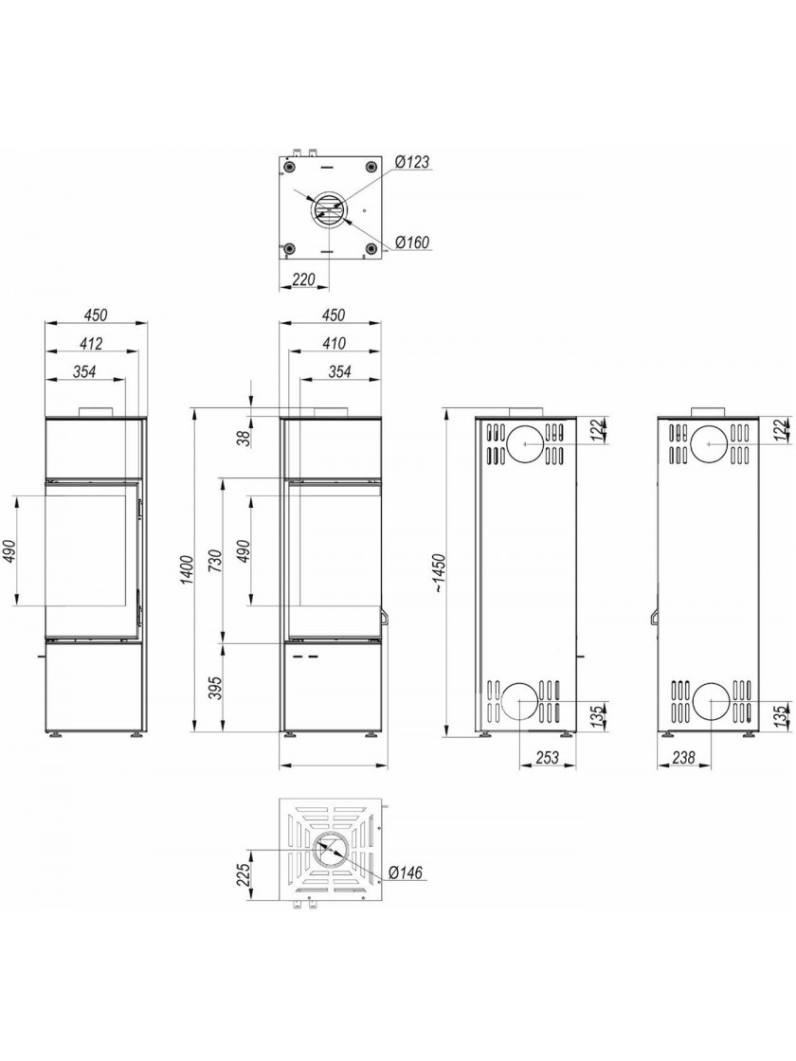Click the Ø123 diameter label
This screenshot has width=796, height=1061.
tap(412, 162)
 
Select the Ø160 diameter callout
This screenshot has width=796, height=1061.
tap(412, 243)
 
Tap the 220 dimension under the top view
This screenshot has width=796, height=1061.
tap(303, 279)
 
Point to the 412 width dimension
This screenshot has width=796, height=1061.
tap(91, 344)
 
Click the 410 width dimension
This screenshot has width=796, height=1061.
tap(333, 344)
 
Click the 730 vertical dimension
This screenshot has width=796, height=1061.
tap(217, 560)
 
